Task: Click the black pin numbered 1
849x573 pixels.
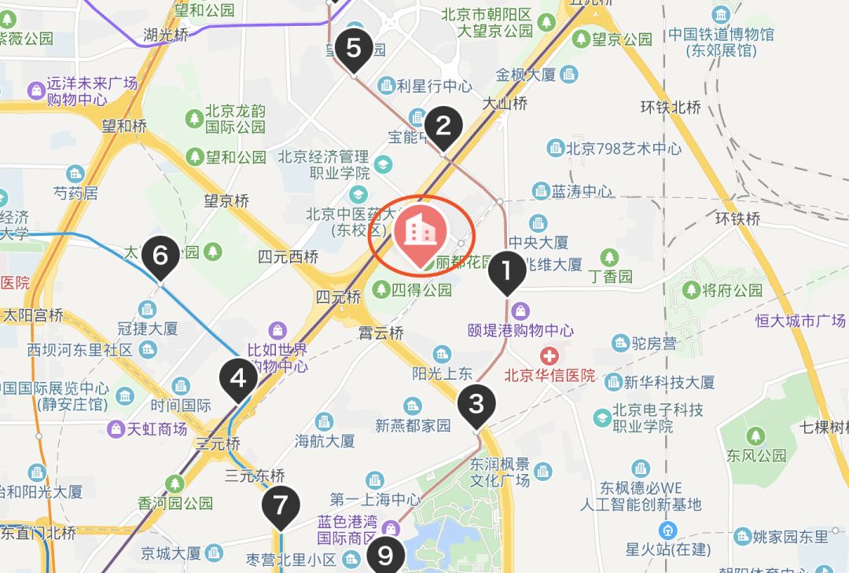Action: pos(507,272)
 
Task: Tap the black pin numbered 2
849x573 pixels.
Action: pos(443,126)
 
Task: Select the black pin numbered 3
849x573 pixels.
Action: pos(476,405)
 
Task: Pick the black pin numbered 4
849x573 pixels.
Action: pos(237,380)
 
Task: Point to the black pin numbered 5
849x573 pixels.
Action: pos(354,49)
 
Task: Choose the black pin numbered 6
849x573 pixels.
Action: pos(160,255)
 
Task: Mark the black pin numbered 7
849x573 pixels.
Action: pos(281,504)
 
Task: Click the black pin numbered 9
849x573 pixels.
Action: pos(384,555)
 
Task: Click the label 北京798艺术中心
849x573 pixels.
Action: pos(624,148)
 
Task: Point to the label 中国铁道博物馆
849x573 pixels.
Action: pos(721,35)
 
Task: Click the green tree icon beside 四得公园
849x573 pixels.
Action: pos(381,290)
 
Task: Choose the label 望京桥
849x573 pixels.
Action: pos(226,201)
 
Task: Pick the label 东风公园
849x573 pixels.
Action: pos(756,455)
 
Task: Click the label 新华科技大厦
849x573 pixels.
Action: pos(669,382)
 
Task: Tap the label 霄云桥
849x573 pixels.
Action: pos(380,332)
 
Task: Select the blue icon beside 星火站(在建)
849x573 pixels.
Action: pos(668,529)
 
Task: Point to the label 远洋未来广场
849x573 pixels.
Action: pos(92,83)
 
